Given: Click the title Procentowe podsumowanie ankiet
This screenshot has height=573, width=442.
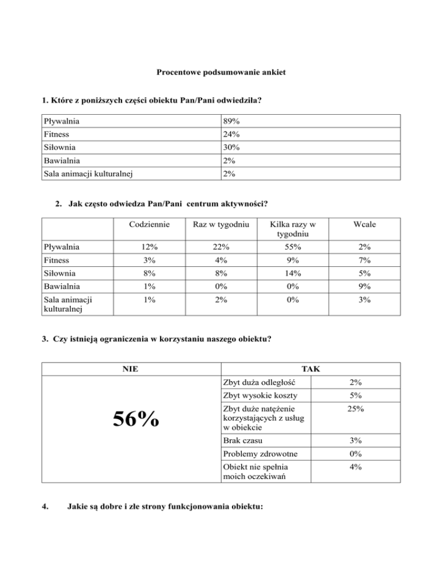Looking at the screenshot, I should [x=221, y=73].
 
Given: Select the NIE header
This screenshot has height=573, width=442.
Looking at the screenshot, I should [x=131, y=368].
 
